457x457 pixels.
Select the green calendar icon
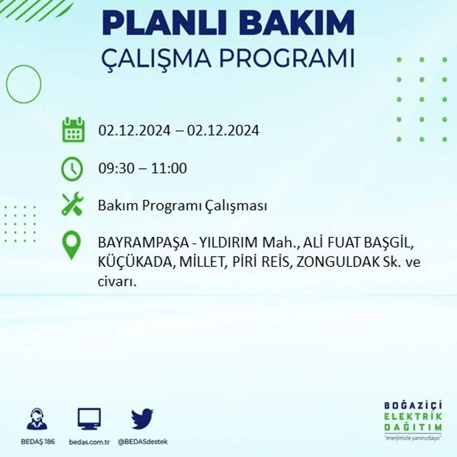[x=73, y=130]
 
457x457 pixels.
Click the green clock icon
[x=72, y=168]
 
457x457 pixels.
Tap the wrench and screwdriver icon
[x=72, y=204]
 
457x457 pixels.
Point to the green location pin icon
[x=72, y=245]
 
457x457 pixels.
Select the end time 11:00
[x=171, y=169]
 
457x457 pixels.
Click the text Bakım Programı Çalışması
[x=182, y=206]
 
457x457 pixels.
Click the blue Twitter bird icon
[x=142, y=419]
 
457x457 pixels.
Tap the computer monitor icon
[x=89, y=419]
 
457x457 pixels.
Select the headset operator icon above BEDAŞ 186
[x=36, y=419]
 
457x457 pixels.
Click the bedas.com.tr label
[x=89, y=441]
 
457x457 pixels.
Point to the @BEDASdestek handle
[x=142, y=441]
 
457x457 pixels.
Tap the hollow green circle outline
[x=23, y=84]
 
